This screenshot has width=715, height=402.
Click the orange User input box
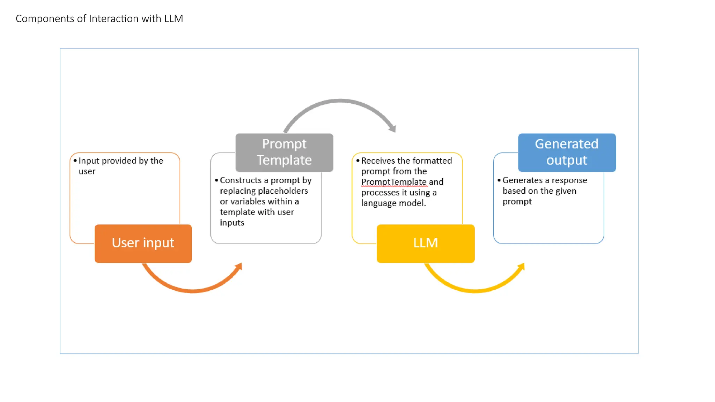point(143,243)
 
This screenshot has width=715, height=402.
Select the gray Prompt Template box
point(284,152)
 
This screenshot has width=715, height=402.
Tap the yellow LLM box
point(426,243)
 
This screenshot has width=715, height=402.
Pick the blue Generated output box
point(567,152)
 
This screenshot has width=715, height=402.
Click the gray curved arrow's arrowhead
point(393,128)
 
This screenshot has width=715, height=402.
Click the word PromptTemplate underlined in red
point(393,182)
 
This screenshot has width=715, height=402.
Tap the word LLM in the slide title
point(174,18)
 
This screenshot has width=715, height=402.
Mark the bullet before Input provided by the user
point(75,161)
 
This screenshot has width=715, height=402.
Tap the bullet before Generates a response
point(499,180)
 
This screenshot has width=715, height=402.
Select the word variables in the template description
point(248,201)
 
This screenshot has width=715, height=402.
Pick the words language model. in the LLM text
point(393,203)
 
